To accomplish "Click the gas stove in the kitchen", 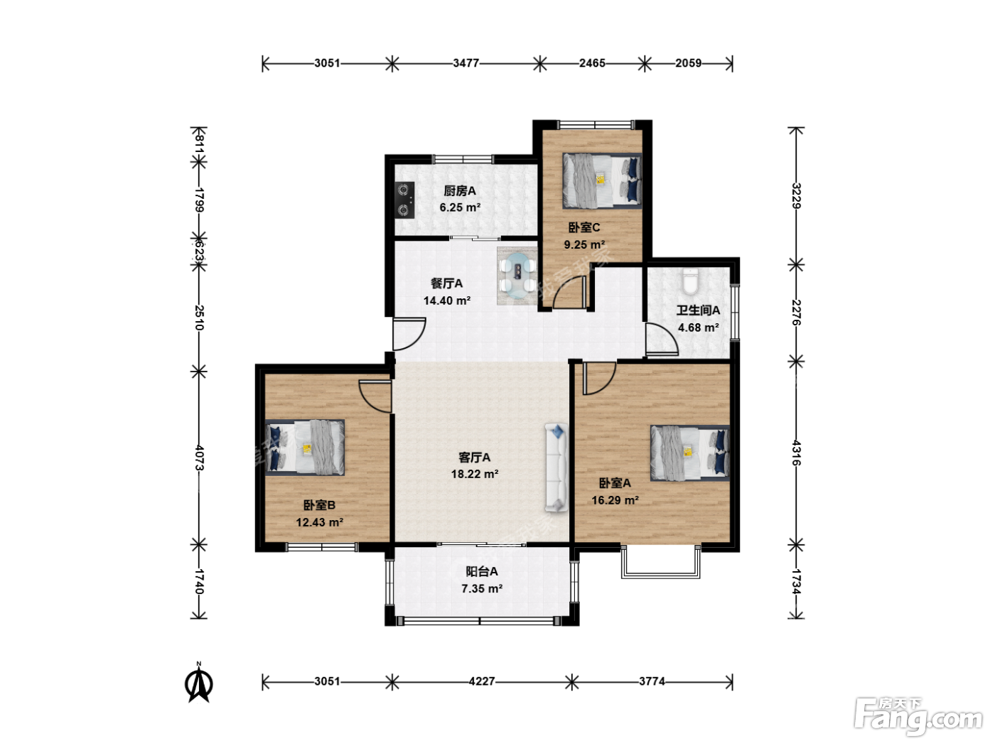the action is (404, 200).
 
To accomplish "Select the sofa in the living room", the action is (556, 467).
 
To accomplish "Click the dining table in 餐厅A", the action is (517, 276).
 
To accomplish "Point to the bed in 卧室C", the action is (602, 180).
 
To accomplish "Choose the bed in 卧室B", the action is (305, 448).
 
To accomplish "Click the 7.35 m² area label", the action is (482, 588).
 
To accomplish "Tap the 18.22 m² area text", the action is (475, 474).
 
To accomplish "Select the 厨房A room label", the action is (460, 190).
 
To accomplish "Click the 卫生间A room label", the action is (698, 310).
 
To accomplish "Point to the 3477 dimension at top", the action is (466, 63).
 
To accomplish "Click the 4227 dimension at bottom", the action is (482, 681).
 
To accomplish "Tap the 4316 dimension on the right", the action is (797, 453).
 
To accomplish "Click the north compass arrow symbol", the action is (199, 682).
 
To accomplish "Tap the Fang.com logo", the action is (918, 716).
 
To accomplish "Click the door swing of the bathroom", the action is (662, 338).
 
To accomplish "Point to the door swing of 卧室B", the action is (375, 396).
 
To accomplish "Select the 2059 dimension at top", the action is (688, 63).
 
